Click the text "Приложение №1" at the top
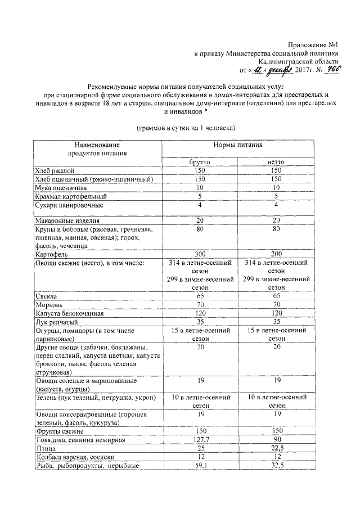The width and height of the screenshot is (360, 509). point(312,44)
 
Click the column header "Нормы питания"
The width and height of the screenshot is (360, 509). point(238,145)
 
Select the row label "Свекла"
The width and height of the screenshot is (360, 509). point(48,296)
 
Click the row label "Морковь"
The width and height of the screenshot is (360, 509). point(50,305)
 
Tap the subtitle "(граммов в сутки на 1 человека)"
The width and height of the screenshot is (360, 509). point(186,128)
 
